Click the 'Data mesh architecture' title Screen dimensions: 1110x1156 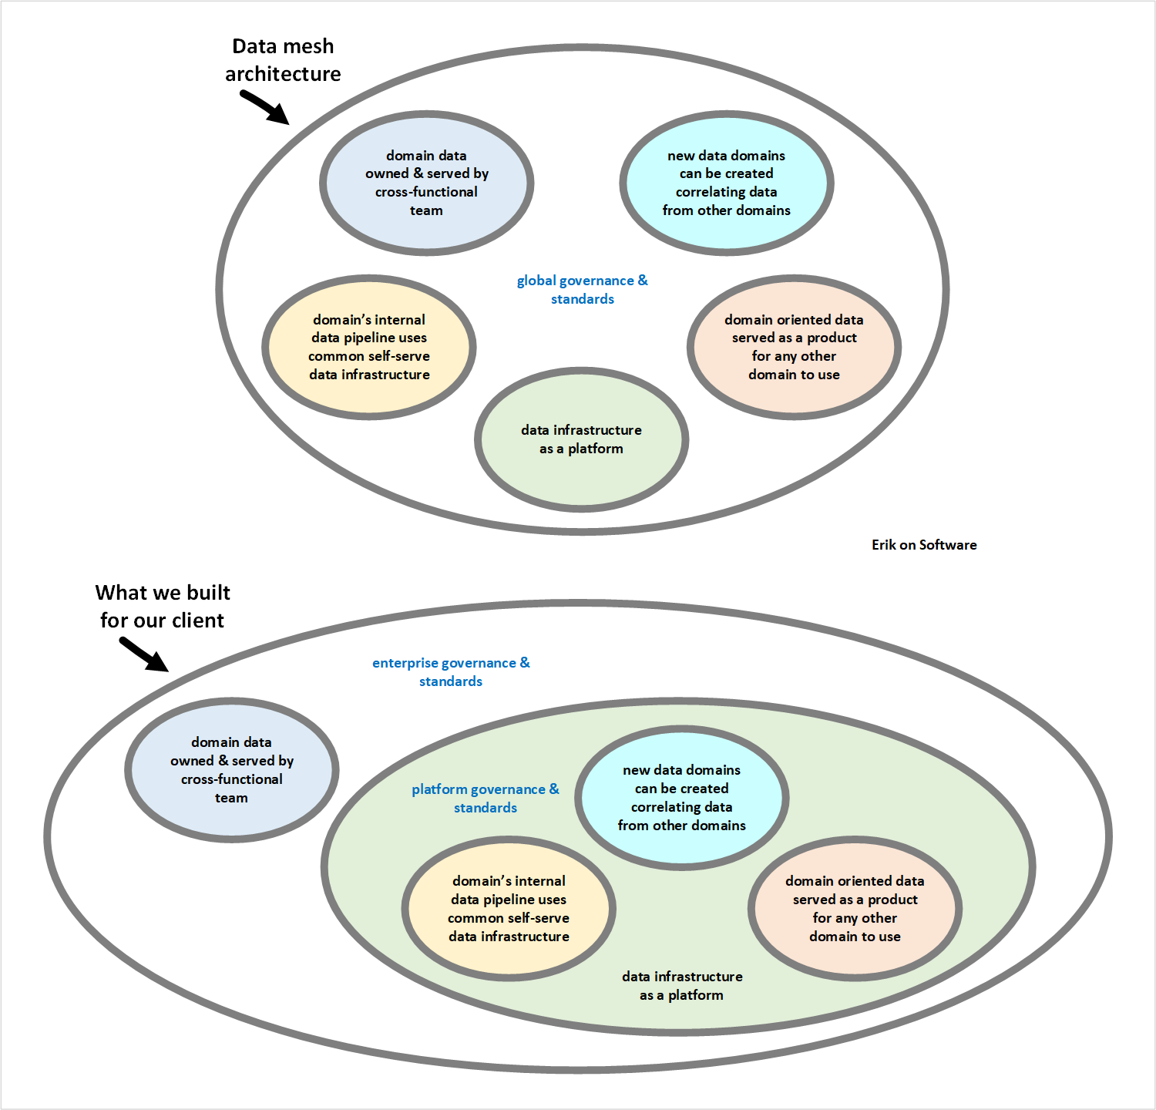283,60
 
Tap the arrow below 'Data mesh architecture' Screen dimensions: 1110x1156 264,107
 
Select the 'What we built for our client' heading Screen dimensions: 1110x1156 163,607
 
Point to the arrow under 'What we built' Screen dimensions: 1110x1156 143,654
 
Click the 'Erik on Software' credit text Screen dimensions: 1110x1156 924,545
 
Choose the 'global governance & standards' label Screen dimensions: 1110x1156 582,290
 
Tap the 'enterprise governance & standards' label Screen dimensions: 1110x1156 451,672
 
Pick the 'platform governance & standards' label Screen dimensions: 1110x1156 486,799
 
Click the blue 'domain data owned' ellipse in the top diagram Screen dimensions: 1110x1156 426,183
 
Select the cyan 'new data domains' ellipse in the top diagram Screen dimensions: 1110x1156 726,183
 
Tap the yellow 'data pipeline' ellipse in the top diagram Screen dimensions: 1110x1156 369,347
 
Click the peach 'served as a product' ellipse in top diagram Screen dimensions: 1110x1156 794,347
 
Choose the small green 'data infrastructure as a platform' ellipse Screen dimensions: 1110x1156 581,439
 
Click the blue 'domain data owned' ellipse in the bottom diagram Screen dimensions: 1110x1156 231,770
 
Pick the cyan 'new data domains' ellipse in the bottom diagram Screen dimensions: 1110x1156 681,798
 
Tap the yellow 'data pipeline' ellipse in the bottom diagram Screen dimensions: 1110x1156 509,909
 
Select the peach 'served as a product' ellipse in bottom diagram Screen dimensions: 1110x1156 855,909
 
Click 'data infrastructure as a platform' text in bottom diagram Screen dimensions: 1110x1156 682,986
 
